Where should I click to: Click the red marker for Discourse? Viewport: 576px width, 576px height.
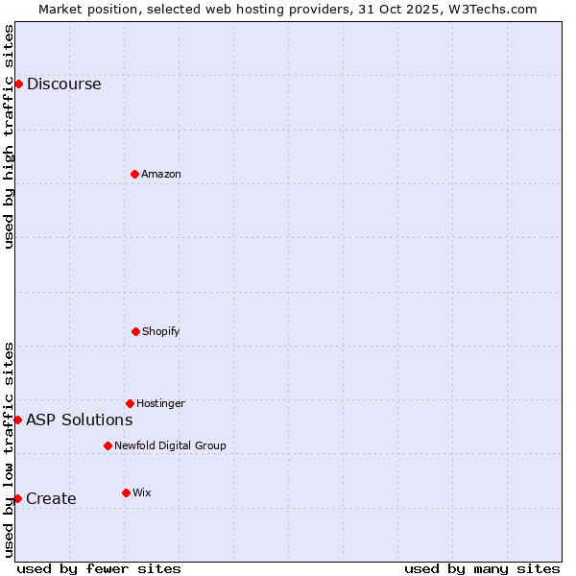tap(18, 84)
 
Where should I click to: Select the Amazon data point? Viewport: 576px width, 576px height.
tap(134, 174)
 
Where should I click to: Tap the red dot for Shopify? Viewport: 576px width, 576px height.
tap(135, 331)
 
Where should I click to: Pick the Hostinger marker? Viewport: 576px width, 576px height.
tap(130, 403)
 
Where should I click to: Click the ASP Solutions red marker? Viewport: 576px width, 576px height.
tap(17, 420)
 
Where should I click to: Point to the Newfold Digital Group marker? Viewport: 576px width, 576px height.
tap(108, 445)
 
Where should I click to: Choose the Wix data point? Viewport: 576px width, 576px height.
tap(126, 492)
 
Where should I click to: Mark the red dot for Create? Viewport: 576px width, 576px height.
tap(17, 498)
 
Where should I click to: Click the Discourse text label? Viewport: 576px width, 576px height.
tap(63, 84)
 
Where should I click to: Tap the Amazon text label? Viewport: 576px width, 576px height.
tap(161, 174)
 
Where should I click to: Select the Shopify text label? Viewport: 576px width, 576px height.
tap(161, 331)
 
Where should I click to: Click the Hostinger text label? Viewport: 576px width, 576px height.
tap(160, 403)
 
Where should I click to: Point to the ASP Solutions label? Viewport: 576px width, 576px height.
tap(79, 420)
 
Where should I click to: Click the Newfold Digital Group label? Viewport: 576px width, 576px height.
tap(170, 445)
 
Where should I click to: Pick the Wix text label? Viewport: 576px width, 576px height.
tap(142, 492)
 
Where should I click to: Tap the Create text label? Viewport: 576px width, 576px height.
tap(51, 498)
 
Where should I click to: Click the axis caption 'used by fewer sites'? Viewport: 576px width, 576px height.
tap(99, 568)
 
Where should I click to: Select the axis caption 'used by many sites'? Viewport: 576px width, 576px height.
tap(482, 568)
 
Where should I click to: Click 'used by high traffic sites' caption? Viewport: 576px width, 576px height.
tap(9, 136)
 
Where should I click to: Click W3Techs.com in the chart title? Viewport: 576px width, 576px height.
tap(486, 9)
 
